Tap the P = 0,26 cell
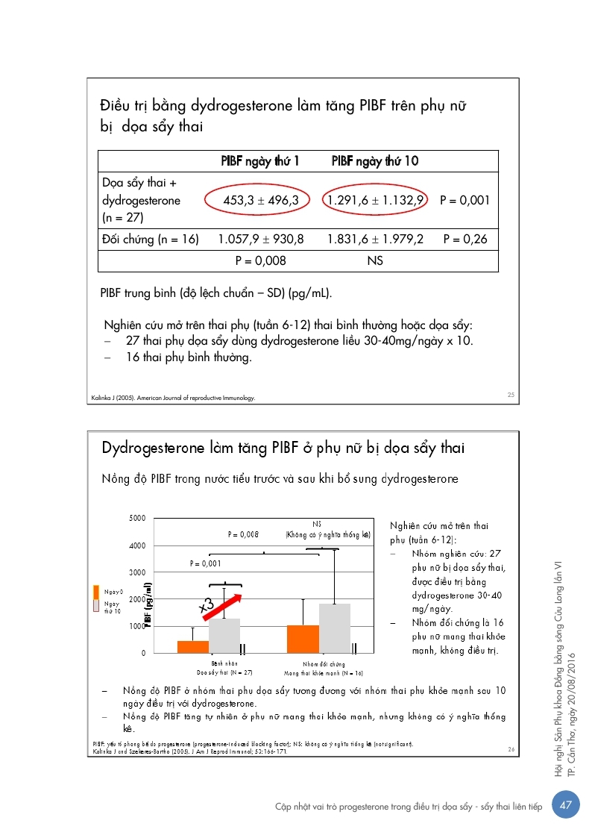[x=466, y=239]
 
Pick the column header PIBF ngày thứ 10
[x=374, y=160]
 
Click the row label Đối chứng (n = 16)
[x=150, y=239]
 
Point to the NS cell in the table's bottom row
[x=374, y=261]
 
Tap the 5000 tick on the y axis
[x=137, y=518]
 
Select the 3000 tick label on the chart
[x=137, y=572]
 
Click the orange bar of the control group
[x=303, y=639]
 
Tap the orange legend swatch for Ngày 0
[x=95, y=592]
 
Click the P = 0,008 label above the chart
[x=243, y=534]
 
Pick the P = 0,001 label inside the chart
[x=206, y=563]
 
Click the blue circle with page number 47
[x=566, y=804]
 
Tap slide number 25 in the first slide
[x=511, y=395]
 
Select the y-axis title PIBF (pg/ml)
[x=149, y=604]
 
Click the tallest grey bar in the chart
[x=335, y=628]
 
